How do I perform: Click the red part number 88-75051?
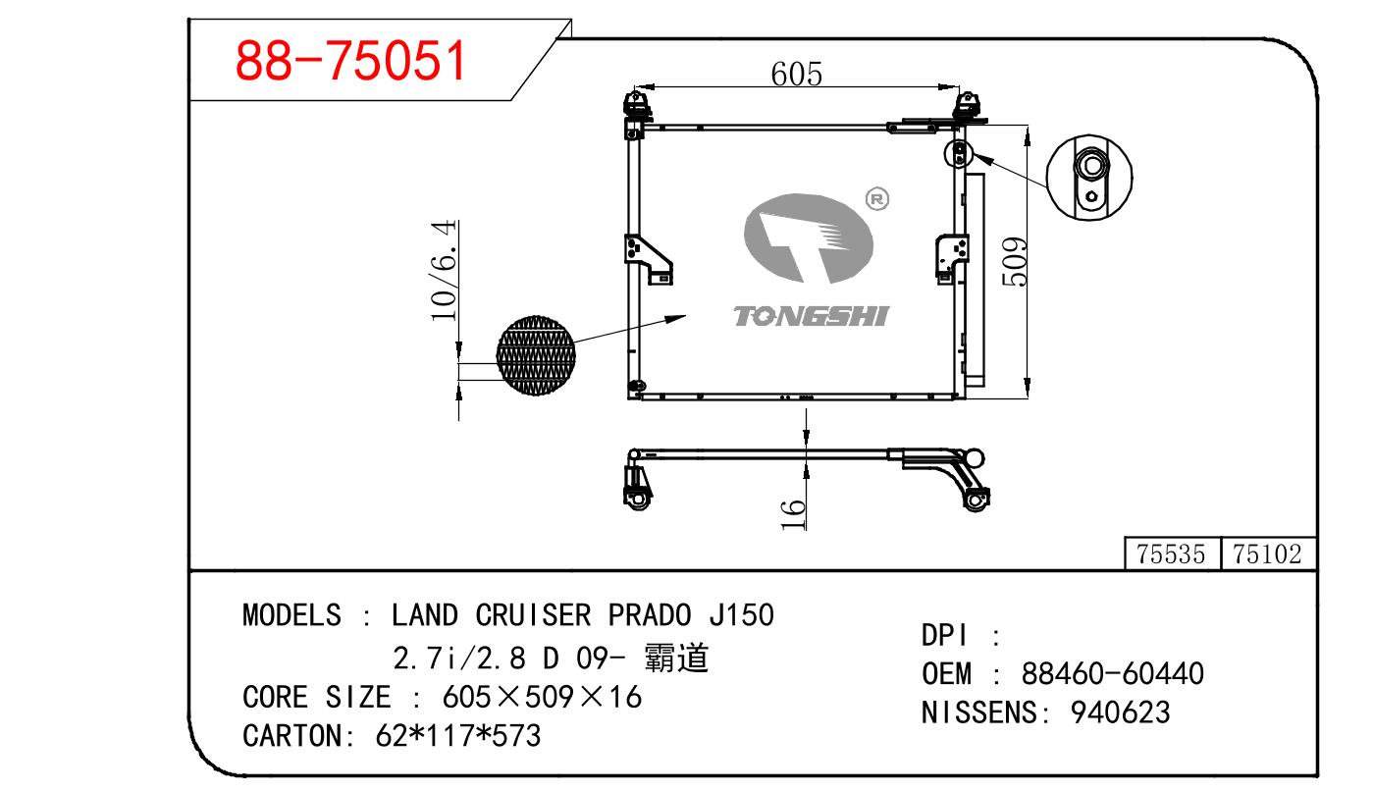tap(350, 60)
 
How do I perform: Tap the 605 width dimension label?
tap(796, 75)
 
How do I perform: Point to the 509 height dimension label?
tap(1014, 262)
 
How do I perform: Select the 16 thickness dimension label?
tap(793, 514)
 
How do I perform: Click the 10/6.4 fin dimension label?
tap(444, 270)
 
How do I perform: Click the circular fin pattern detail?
tap(536, 355)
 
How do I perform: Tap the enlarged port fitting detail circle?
tap(1089, 177)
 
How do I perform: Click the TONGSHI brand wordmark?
tap(811, 316)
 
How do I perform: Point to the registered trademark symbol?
tap(877, 199)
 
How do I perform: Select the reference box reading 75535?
tap(1172, 554)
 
